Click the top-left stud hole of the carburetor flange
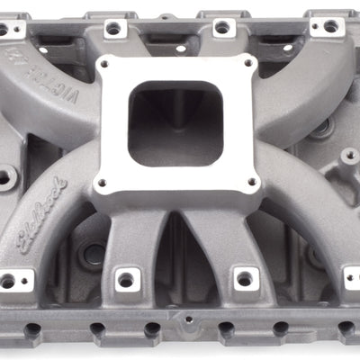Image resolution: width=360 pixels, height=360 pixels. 112,68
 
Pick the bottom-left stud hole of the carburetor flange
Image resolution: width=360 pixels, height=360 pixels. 101,184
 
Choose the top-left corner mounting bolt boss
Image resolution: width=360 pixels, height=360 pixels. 4,29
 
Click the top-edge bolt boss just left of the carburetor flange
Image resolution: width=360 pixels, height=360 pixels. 113,29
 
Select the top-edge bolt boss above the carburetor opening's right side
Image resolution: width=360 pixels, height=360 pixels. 221,28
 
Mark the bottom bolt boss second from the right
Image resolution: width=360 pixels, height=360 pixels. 243,278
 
